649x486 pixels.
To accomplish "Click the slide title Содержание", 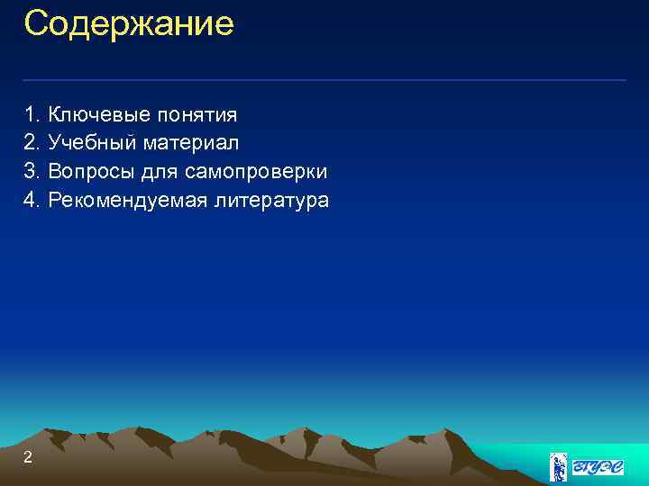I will [x=129, y=23].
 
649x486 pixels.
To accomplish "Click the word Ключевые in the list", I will [x=99, y=114].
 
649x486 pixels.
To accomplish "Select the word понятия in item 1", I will [x=197, y=115].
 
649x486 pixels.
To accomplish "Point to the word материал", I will [x=191, y=143].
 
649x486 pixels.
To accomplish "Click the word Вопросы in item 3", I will [x=93, y=171].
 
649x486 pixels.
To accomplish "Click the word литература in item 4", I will [x=271, y=201].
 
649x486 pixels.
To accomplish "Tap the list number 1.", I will [x=32, y=114].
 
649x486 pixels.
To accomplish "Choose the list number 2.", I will [x=32, y=142].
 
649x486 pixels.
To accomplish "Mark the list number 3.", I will [x=32, y=171].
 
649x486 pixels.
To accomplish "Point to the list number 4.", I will [x=32, y=200].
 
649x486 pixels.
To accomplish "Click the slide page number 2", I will [x=28, y=458].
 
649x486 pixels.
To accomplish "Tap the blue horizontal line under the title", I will [x=324, y=80].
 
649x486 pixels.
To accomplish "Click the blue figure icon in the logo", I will [x=560, y=467].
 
